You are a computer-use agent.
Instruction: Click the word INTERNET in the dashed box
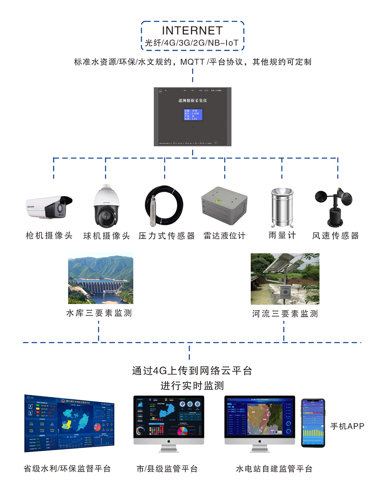click(192, 31)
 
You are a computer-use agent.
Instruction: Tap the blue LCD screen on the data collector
click(193, 114)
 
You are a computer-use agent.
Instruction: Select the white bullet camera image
click(49, 207)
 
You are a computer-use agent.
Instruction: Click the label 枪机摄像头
click(49, 235)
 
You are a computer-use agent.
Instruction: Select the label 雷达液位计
click(224, 235)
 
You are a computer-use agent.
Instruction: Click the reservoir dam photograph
click(100, 278)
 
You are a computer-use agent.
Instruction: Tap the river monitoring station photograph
click(285, 279)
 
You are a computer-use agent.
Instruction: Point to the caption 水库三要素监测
click(99, 313)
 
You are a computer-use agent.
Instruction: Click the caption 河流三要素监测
click(285, 314)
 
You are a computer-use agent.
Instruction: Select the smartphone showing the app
click(313, 423)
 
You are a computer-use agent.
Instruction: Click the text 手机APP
click(347, 426)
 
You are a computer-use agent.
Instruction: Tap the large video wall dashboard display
click(69, 423)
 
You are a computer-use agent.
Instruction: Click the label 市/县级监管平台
click(167, 469)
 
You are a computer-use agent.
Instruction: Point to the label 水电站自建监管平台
click(274, 469)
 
